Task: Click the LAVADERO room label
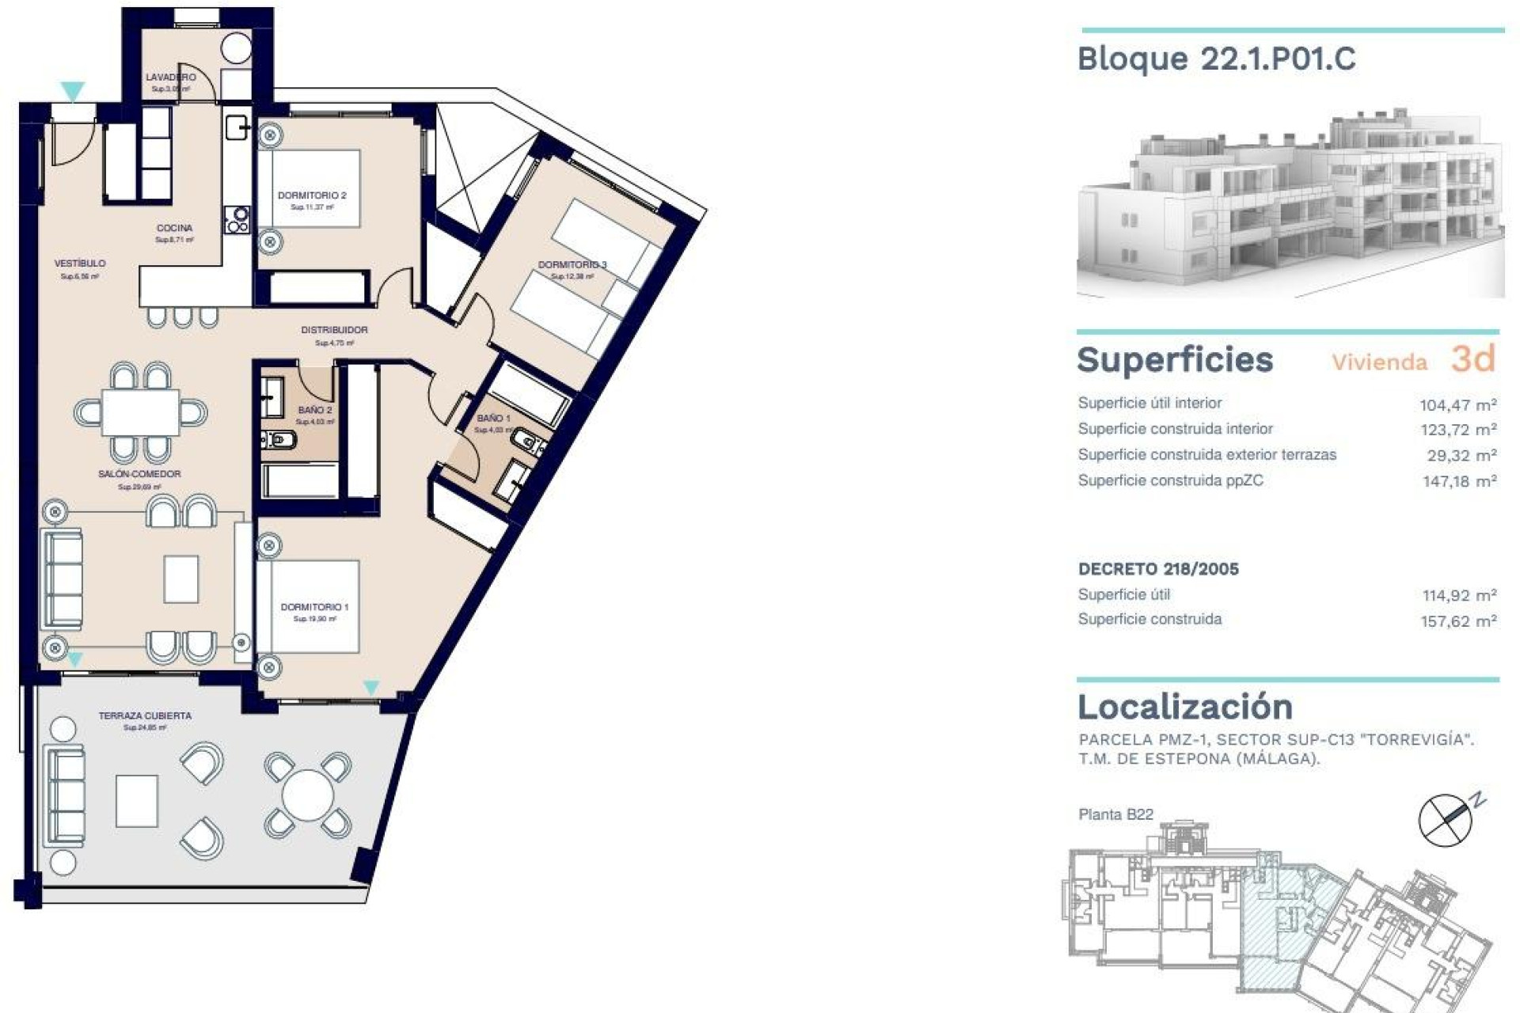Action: coord(170,78)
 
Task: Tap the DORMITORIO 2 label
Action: coord(312,195)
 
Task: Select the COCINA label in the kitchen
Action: coord(174,228)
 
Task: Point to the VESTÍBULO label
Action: coord(79,264)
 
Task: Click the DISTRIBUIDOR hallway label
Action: coord(334,330)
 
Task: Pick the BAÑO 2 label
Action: coord(315,410)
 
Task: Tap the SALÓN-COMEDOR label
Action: coord(139,474)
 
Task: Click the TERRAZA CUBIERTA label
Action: coord(145,715)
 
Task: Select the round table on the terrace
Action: coord(308,794)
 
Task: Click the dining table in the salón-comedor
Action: coord(140,412)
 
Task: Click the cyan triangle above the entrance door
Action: coord(73,91)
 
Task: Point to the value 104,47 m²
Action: coord(1457,405)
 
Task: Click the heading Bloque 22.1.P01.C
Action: coord(1216,59)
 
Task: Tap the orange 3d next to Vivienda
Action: coord(1472,359)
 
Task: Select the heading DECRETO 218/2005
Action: coord(1158,569)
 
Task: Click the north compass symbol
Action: coord(1446,820)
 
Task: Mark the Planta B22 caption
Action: coord(1115,814)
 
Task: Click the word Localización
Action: coord(1184,707)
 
